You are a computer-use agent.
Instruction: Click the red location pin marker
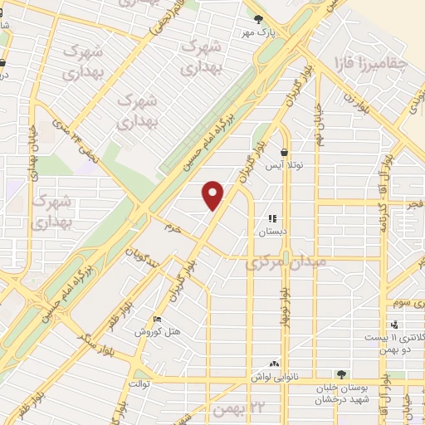(x=213, y=194)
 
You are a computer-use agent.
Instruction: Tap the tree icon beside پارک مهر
(x=258, y=18)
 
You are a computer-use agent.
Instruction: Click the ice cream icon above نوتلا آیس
(x=285, y=153)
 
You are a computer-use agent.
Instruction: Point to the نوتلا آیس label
(x=285, y=166)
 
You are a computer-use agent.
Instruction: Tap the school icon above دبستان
(x=272, y=219)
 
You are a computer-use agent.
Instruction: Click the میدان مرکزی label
(x=287, y=261)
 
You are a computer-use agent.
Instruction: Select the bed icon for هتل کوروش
(x=158, y=320)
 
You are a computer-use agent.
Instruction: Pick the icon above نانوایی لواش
(x=274, y=363)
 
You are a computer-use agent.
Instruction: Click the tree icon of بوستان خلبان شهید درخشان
(x=340, y=374)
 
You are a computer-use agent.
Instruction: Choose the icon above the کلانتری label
(x=394, y=325)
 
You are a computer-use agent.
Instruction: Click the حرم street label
(x=172, y=227)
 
